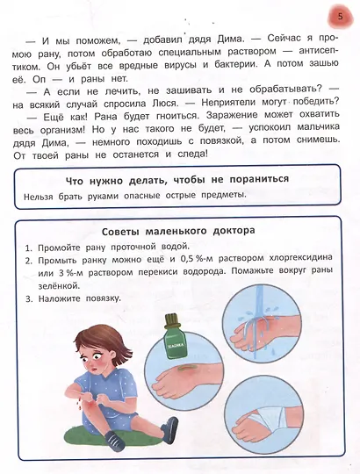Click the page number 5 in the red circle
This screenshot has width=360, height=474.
(338, 17)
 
